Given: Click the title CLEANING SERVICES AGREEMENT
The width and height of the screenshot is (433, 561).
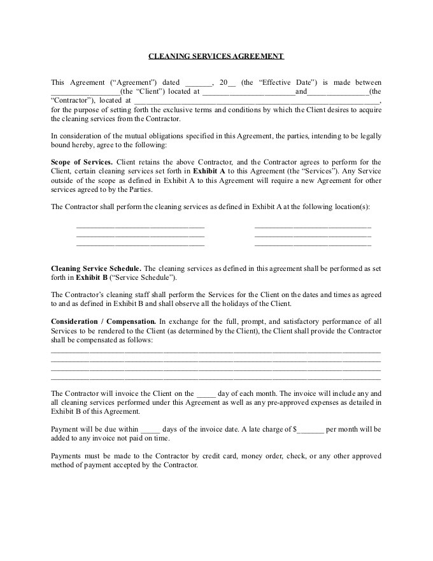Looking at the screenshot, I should (216, 56).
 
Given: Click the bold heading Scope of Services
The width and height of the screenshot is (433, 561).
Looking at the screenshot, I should (82, 162).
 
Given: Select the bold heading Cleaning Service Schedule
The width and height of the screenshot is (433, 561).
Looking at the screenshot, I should (96, 268).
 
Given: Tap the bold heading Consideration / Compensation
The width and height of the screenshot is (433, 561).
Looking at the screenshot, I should (103, 321).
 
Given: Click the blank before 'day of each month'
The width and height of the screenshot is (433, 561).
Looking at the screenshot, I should (207, 394).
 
